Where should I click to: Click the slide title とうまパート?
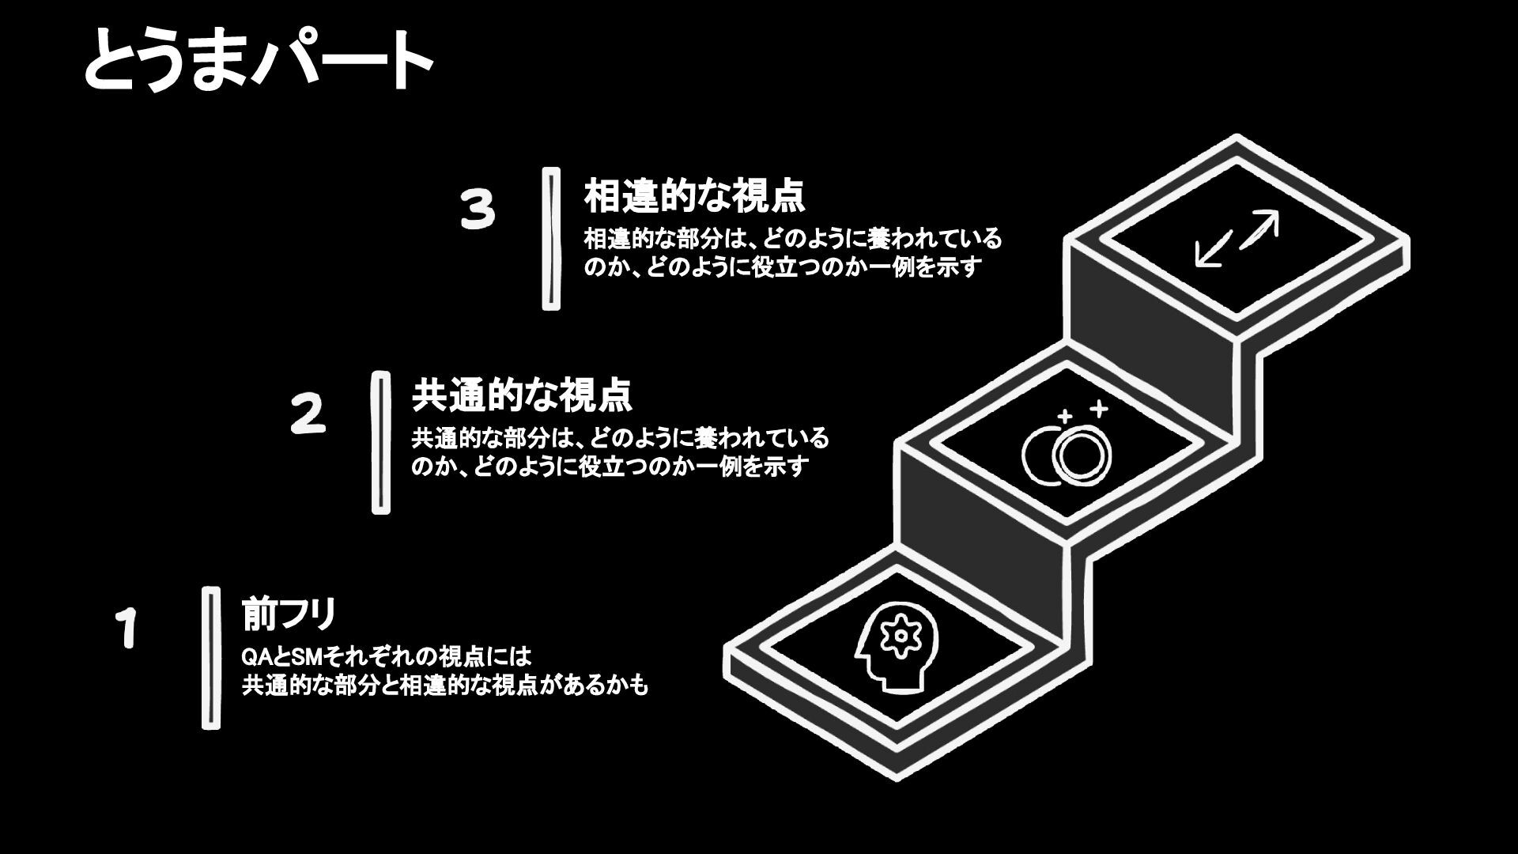(x=258, y=61)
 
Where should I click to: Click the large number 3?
(x=478, y=210)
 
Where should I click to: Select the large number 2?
(x=308, y=414)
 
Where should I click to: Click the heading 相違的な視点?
(x=694, y=196)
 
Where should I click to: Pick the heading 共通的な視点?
(x=522, y=395)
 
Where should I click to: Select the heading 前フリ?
(x=289, y=614)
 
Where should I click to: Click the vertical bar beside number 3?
(x=551, y=238)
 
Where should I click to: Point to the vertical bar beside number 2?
(x=381, y=443)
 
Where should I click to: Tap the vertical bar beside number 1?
(x=210, y=658)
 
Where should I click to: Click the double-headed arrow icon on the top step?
(x=1237, y=238)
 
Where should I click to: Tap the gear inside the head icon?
(x=900, y=636)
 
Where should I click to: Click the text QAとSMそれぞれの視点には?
(x=387, y=657)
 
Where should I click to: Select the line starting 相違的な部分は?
(x=792, y=238)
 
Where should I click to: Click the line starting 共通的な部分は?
(x=620, y=437)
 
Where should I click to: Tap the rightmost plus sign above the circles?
(x=1098, y=409)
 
